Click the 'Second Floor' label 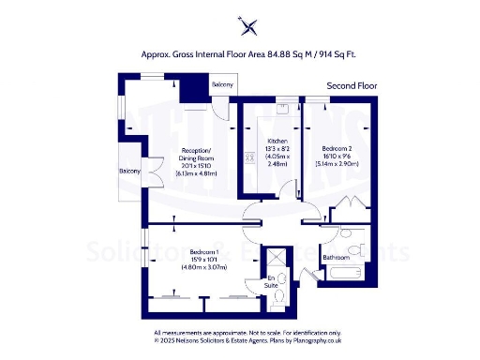point(351,86)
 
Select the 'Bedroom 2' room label point(336,148)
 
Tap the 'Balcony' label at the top point(222,85)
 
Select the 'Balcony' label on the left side point(129,172)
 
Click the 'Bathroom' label point(336,257)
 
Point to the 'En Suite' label point(273,279)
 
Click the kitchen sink point(249,157)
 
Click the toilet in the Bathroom point(348,234)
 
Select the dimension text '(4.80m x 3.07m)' point(204,268)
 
